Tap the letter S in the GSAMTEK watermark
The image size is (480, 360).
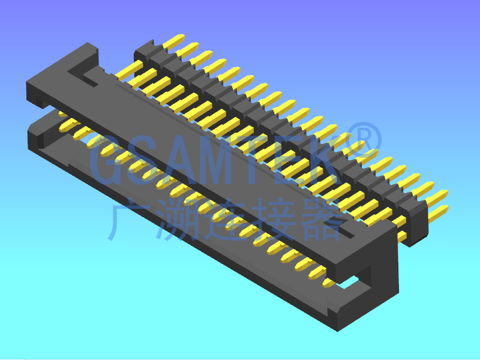pyautogui.click(x=144, y=160)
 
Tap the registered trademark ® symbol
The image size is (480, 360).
pyautogui.click(x=364, y=140)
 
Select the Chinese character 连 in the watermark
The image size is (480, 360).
pyautogui.click(x=229, y=219)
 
